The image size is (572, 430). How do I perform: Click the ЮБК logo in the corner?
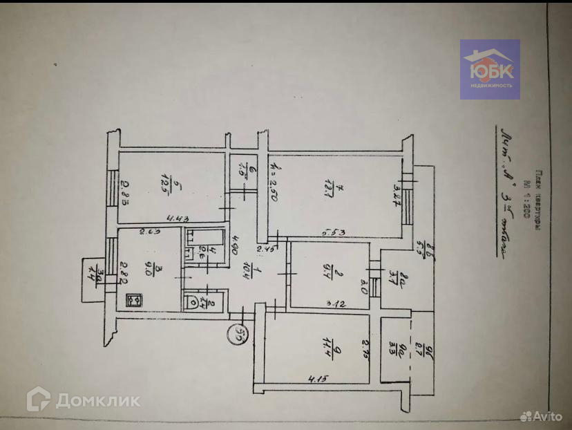[x=490, y=68]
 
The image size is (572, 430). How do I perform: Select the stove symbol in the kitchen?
[x=134, y=300]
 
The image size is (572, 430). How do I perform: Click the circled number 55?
[x=238, y=336]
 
